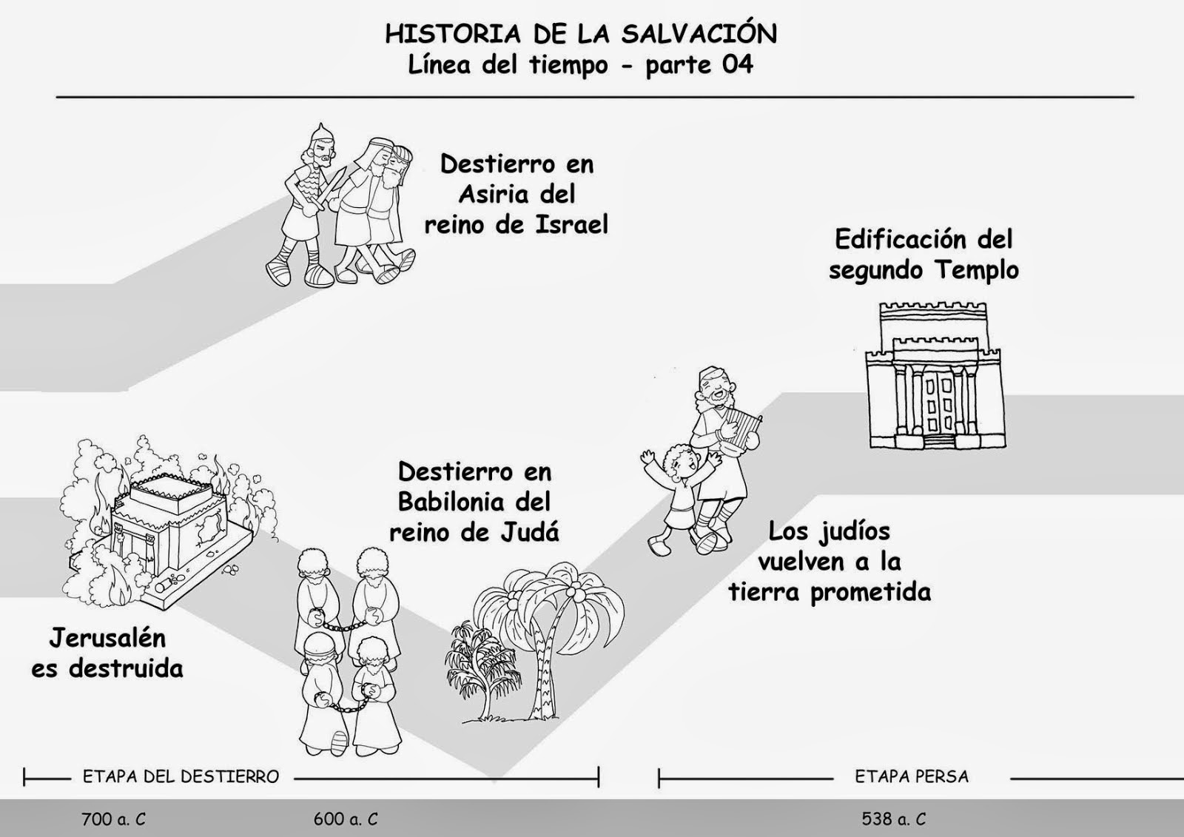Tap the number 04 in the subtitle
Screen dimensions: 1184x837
736,65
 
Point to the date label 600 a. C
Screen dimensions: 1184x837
346,818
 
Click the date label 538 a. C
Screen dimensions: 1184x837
894,818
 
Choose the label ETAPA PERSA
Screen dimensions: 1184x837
912,777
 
